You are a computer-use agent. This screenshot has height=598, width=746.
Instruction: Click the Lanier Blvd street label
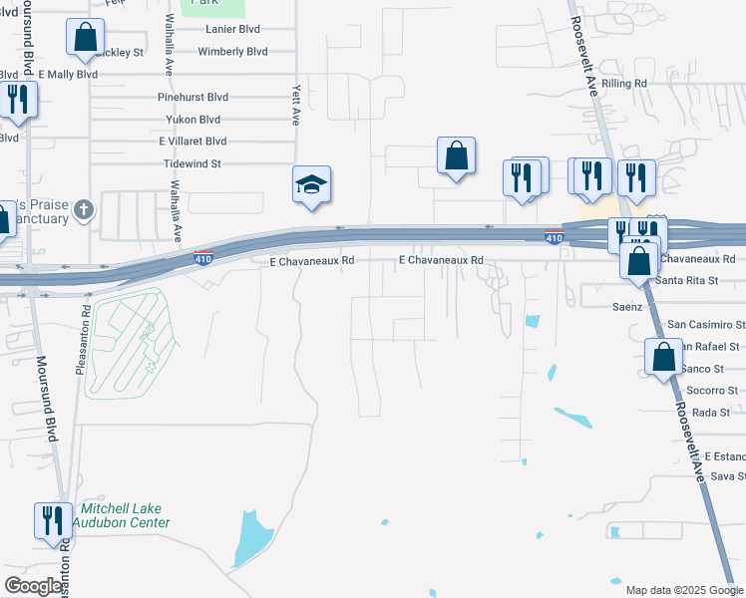point(232,29)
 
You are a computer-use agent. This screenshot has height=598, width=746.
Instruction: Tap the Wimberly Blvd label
point(232,51)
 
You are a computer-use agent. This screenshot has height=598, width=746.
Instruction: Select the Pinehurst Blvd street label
point(193,97)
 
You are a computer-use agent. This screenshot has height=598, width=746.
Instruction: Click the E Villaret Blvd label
point(192,142)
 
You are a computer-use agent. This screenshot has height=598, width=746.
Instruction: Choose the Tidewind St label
point(190,163)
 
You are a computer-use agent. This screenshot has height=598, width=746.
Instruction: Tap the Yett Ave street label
point(295,104)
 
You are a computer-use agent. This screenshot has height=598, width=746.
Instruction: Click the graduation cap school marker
point(311,184)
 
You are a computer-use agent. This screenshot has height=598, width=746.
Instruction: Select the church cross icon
point(85,210)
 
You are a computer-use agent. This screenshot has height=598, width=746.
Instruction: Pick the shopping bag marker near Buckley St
point(86,38)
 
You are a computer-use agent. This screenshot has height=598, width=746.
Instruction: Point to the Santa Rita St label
point(687,281)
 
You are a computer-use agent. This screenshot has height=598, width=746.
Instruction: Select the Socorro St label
point(712,391)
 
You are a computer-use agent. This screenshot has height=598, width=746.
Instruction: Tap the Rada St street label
point(712,413)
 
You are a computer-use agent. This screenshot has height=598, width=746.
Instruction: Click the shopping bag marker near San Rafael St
point(664,357)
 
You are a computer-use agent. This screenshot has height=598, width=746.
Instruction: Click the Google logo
point(33,586)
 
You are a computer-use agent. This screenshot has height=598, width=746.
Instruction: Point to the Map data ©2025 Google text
point(683,590)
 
